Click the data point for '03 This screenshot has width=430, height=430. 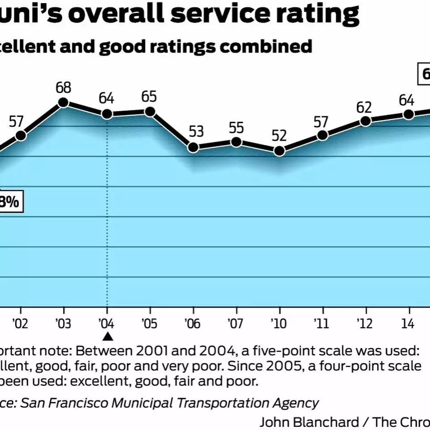pos(64,102)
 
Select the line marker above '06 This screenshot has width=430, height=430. pos(193,147)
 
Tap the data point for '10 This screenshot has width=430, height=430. pos(279,150)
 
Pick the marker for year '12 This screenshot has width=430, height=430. pos(365,121)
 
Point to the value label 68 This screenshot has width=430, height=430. pos(64,87)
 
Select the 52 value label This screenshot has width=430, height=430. pos(279,135)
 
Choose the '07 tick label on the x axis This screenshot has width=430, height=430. pos(235,323)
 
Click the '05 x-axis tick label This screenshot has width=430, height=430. pos(149,323)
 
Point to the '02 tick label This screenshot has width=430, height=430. pos(19,323)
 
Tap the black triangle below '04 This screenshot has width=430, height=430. pos(107,336)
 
